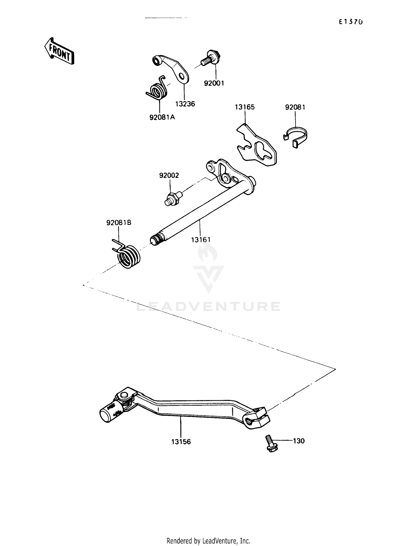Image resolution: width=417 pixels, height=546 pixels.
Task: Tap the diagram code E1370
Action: [351, 22]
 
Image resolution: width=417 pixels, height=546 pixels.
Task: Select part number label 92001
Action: [214, 83]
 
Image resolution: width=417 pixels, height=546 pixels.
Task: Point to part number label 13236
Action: [185, 104]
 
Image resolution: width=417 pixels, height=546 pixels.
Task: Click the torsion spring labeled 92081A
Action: [157, 89]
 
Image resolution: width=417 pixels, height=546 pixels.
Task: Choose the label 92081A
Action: [162, 117]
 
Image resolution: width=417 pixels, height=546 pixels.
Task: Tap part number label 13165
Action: [245, 107]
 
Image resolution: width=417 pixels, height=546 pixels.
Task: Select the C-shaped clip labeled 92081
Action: [296, 137]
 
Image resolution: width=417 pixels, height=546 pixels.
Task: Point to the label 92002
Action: [169, 176]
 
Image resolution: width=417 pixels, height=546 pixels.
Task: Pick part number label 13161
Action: [201, 240]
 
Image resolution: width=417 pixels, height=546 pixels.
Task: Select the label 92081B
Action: [119, 223]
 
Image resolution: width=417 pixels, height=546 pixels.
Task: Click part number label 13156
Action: [181, 442]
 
